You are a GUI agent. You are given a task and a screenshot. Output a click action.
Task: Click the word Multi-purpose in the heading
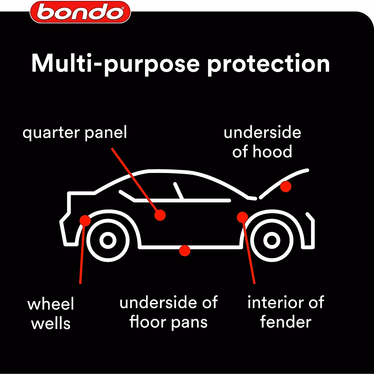(x=115, y=64)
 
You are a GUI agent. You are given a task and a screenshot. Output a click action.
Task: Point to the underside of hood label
(x=262, y=142)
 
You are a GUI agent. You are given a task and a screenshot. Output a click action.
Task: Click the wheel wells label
(x=51, y=314)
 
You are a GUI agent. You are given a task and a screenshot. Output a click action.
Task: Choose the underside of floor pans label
(x=168, y=312)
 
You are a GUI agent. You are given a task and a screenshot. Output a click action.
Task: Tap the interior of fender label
(x=285, y=312)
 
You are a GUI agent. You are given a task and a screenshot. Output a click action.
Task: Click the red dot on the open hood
(x=285, y=186)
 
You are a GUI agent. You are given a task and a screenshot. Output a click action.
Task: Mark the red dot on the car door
(x=160, y=215)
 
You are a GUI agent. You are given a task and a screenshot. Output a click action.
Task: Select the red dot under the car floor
(x=185, y=250)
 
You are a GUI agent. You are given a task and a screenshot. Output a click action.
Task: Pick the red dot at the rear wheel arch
(x=85, y=220)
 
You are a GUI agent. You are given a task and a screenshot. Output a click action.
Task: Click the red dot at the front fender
(x=242, y=217)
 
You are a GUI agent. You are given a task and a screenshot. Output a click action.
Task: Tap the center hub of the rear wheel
(x=108, y=240)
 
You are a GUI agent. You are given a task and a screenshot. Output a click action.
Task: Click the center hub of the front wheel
(x=271, y=240)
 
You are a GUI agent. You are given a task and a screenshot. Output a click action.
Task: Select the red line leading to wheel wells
(x=82, y=256)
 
